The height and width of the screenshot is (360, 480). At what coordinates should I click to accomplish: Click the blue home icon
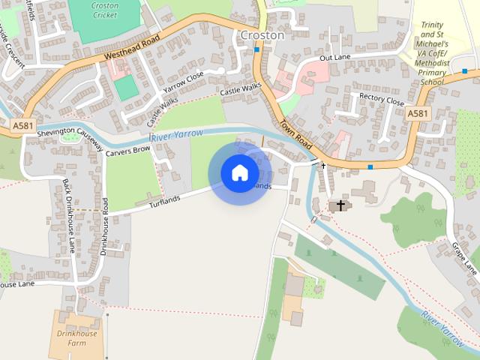[x=239, y=173]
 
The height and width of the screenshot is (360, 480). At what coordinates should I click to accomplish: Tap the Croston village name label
[x=262, y=35]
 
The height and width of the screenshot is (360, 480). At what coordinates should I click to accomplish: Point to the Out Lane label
[x=334, y=57]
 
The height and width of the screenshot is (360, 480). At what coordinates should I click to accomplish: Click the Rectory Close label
[x=382, y=99]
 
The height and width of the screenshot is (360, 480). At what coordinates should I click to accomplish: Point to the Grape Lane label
[x=464, y=257]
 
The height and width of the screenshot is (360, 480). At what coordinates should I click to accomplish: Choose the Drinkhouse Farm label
[x=72, y=338]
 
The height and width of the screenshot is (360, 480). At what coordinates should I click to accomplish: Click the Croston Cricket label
[x=104, y=10]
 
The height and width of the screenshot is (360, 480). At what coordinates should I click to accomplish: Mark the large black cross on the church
[x=340, y=204]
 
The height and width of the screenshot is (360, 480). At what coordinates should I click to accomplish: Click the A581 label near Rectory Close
[x=418, y=113]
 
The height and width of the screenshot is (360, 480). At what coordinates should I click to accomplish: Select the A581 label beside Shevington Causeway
[x=22, y=126]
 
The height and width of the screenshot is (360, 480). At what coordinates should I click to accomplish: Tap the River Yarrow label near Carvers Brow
[x=177, y=135]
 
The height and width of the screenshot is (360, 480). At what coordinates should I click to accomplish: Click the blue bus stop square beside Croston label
[x=256, y=49]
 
